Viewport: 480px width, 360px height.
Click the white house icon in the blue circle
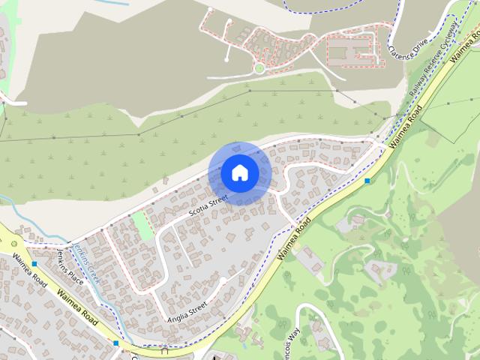point(239,173)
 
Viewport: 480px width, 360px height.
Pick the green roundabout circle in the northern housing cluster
point(259,68)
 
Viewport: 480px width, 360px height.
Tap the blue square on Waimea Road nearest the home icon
point(367,181)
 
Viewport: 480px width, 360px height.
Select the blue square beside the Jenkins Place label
point(34,264)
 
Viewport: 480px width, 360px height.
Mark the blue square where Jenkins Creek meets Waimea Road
point(115,343)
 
